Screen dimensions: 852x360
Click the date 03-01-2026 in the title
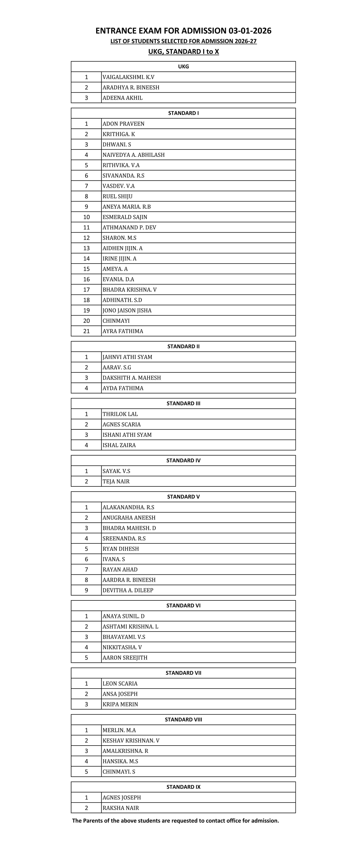click(x=250, y=31)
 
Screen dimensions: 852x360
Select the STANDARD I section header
click(x=183, y=113)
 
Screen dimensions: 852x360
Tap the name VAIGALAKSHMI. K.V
click(x=128, y=77)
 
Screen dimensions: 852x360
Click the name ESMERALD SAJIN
click(x=125, y=217)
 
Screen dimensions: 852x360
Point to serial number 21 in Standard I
click(x=86, y=331)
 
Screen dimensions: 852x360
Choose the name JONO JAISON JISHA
click(x=127, y=310)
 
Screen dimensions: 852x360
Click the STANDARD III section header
click(x=183, y=404)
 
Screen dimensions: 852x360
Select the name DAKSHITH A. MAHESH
click(x=132, y=378)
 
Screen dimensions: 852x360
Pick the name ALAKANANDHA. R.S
click(x=128, y=507)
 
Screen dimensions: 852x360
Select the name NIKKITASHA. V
click(x=122, y=647)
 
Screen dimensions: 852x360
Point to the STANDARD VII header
click(x=183, y=673)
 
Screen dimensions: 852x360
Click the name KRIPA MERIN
click(x=120, y=704)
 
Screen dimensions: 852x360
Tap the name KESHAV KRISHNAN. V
click(x=131, y=740)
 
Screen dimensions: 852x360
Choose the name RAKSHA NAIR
click(x=121, y=808)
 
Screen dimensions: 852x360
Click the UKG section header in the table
click(x=183, y=66)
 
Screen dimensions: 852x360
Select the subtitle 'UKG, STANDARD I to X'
click(x=183, y=52)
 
